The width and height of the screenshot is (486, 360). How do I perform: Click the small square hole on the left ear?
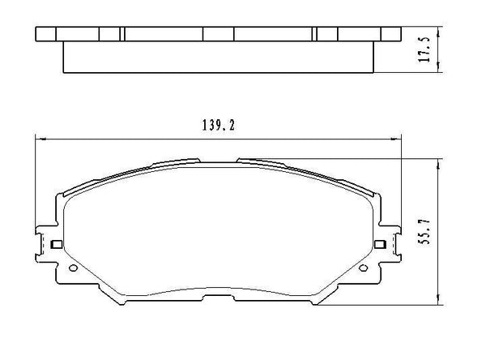coord(55,244)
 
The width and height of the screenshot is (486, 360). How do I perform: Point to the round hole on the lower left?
coord(72,269)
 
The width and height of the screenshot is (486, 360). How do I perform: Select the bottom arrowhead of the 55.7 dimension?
coord(438,302)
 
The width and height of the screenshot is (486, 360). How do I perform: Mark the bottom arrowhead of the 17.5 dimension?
coord(438,71)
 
